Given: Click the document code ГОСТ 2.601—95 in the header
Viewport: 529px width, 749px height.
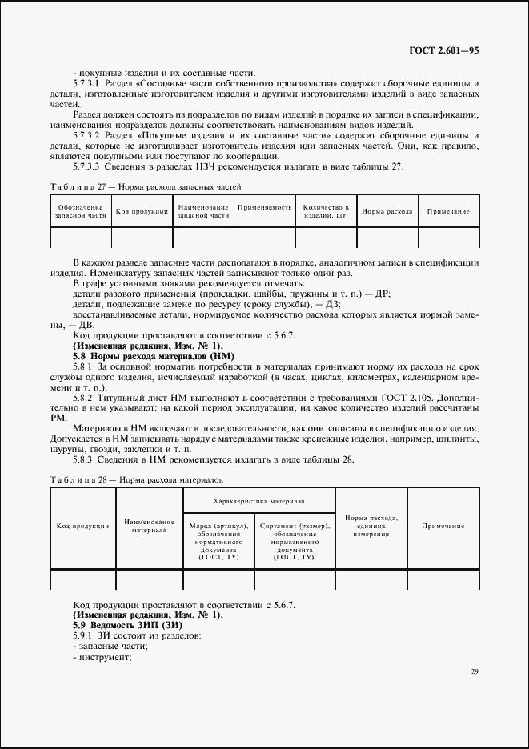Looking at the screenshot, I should [x=443, y=50].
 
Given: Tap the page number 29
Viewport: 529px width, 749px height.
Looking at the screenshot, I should [x=474, y=671].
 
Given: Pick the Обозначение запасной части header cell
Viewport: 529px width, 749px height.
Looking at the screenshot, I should [x=80, y=211].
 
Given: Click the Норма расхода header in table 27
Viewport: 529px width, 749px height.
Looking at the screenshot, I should [x=387, y=211].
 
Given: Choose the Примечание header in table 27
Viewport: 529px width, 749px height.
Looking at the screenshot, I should [x=447, y=211].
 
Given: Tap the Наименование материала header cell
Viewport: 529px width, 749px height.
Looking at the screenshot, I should [x=150, y=526].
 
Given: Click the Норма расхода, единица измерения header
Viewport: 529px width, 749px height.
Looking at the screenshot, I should [x=371, y=526].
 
